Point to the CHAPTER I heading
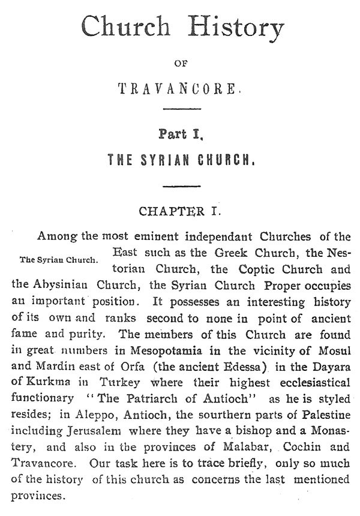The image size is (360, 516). pos(181,211)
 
